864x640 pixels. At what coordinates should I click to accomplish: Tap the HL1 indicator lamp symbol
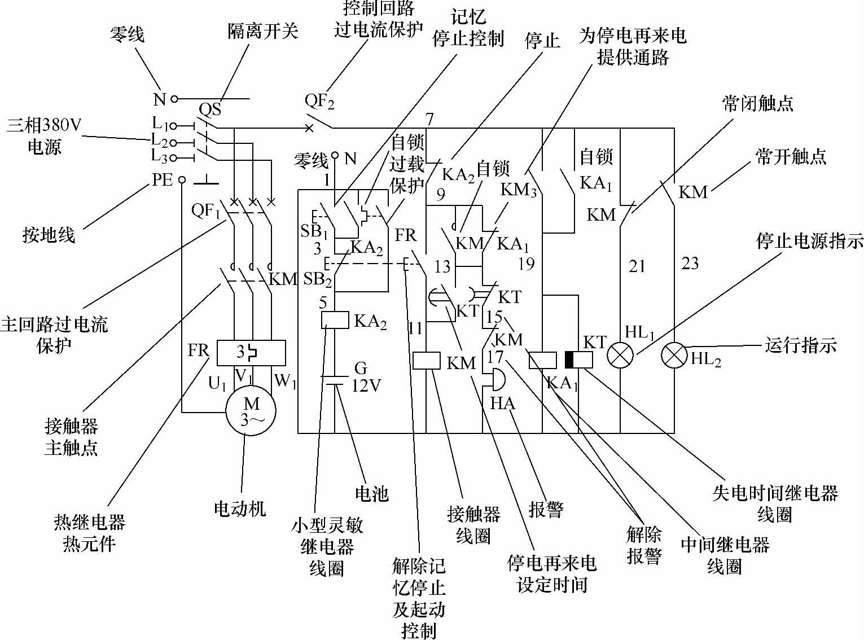tap(620, 356)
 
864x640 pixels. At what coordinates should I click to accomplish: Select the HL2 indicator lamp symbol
tap(674, 356)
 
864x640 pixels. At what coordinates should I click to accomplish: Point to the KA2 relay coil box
tap(335, 320)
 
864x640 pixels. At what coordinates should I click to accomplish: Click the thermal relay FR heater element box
tap(251, 353)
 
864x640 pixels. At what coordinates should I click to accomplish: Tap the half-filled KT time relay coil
tap(579, 360)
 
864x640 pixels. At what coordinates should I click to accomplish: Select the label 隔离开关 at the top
tap(262, 30)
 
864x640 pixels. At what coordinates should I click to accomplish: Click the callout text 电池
tap(371, 494)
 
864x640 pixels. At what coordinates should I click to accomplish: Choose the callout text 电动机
tap(239, 509)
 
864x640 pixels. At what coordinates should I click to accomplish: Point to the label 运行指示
tap(800, 345)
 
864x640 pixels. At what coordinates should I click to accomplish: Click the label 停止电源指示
tap(809, 241)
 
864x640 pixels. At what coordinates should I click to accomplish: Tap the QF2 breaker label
tap(319, 102)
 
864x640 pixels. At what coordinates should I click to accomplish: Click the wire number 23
tap(690, 263)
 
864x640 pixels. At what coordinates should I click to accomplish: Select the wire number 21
tap(637, 265)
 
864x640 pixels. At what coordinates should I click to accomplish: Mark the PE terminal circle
tap(182, 180)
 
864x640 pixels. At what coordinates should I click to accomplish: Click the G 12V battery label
tap(366, 377)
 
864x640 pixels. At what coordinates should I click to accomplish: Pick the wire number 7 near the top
tap(429, 119)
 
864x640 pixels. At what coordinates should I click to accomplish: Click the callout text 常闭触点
tap(757, 103)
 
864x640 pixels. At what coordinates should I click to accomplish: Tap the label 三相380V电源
tap(44, 135)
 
